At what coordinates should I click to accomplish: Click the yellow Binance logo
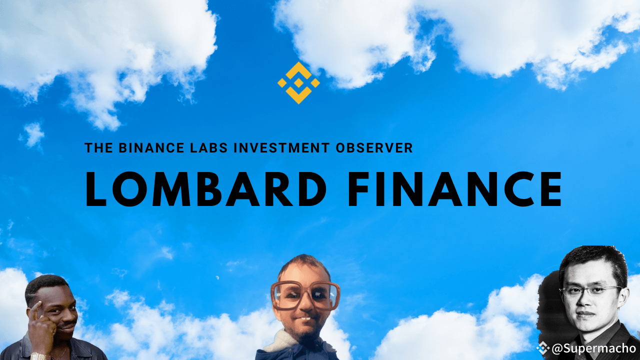(298, 83)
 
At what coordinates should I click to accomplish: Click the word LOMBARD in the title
(205, 189)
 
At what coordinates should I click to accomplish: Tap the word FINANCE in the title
(454, 189)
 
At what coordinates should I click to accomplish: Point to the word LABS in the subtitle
(209, 148)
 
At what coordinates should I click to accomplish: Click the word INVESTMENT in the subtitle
(281, 148)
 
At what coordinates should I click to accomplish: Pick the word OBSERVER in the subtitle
(374, 148)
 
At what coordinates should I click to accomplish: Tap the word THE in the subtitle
(98, 148)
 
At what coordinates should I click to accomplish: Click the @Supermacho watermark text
(593, 348)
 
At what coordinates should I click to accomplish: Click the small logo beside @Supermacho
(542, 348)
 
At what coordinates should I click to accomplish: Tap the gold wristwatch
(40, 356)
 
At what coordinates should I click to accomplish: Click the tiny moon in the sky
(217, 277)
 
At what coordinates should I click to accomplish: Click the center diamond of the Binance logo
(298, 83)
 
